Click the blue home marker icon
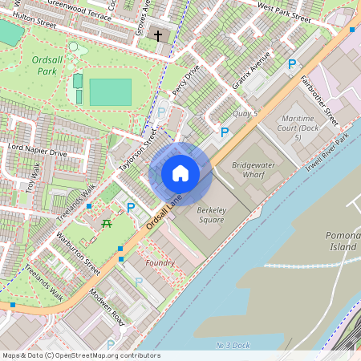[x=180, y=173]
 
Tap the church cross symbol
[x=158, y=36]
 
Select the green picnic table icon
[x=106, y=224]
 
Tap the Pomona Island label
[x=343, y=241]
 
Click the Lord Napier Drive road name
[x=37, y=150]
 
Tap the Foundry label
[x=160, y=263]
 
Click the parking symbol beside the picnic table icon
[x=131, y=207]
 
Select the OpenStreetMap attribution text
[x=80, y=355]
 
